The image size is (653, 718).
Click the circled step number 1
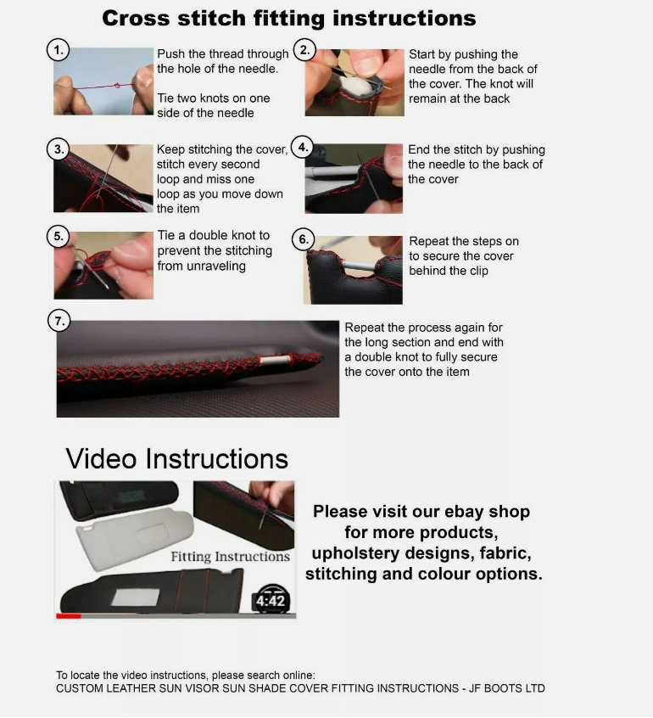59,50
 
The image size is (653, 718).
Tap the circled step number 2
304,49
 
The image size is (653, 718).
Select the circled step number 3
59,149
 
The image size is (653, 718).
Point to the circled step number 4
303,147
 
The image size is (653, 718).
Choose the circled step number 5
59,236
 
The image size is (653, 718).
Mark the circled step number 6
304,239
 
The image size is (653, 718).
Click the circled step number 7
59,321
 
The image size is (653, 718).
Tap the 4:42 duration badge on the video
271,600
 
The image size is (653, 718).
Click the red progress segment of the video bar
69,616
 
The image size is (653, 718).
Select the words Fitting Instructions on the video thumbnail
230,557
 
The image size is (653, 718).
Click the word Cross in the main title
137,19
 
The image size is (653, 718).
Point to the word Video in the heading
101,458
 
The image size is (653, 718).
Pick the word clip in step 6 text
477,271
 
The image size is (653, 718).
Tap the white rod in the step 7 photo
275,360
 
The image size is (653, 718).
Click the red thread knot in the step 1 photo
117,85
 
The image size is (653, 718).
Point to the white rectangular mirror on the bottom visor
136,597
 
